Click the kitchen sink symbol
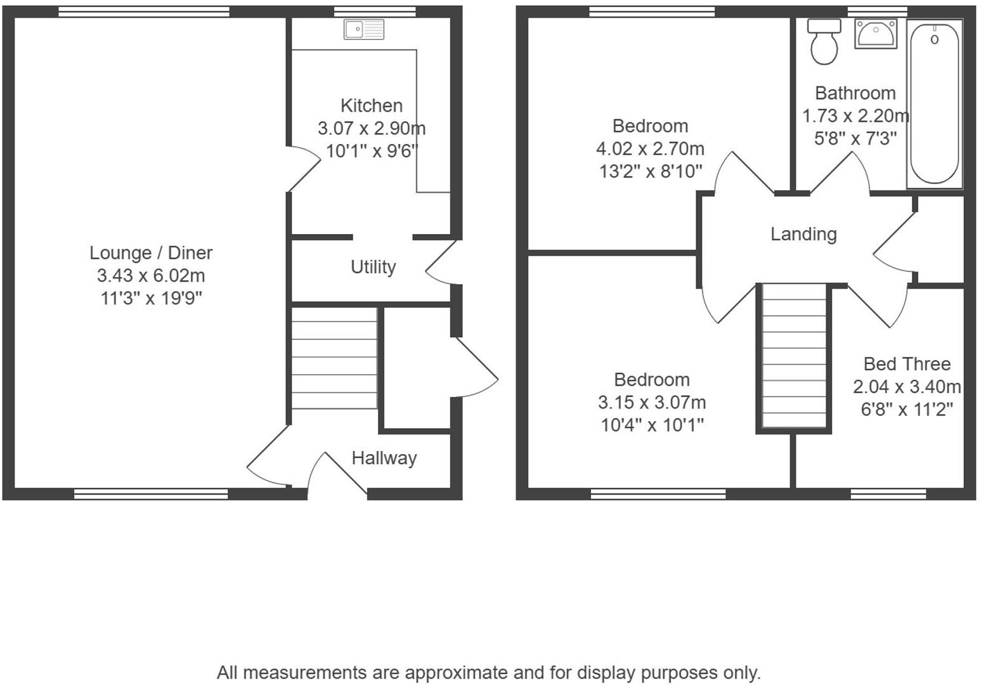[363, 29]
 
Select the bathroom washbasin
[875, 33]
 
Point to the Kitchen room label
[371, 105]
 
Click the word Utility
[373, 267]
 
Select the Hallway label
[384, 458]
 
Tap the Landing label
[803, 234]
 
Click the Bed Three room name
[907, 364]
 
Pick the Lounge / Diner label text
[151, 253]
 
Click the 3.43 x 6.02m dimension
[151, 276]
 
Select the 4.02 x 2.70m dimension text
[650, 149]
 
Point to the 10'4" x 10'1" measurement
[652, 425]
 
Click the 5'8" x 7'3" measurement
[855, 138]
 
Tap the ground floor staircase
[334, 358]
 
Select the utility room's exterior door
[441, 263]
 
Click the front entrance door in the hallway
[336, 473]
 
